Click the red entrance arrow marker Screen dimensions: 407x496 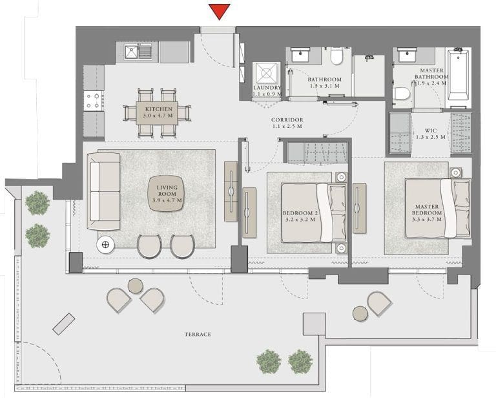pos(220,11)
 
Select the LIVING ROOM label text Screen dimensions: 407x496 pos(167,194)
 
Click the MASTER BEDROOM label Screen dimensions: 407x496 pos(428,213)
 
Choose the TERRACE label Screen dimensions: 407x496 pos(198,334)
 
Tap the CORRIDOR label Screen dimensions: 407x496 pos(287,123)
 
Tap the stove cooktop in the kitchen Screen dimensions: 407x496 pos(94,99)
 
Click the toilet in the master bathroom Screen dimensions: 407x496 pos(401,94)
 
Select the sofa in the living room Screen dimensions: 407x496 pos(104,191)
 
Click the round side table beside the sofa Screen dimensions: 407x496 pos(106,244)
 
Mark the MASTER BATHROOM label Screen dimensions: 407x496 pos(430,77)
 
